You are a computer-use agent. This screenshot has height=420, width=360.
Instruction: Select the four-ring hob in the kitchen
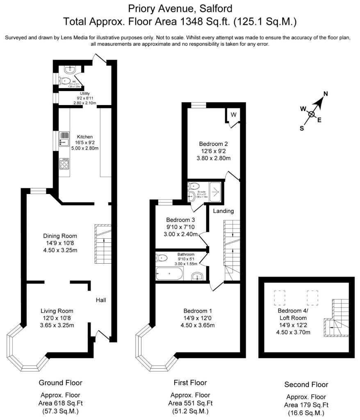coord(64,164)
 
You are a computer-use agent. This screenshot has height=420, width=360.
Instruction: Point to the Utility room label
coord(85,94)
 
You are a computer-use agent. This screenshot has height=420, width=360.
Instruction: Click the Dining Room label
coord(60,236)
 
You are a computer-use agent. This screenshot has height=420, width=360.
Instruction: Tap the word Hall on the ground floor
coord(101,300)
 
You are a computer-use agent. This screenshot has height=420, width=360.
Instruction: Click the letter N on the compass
coord(326,94)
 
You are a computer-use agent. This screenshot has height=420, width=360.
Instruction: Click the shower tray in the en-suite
coord(216,190)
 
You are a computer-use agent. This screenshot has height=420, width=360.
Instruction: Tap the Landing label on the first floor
coord(223,211)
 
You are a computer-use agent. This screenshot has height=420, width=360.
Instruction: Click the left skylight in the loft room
coord(279,297)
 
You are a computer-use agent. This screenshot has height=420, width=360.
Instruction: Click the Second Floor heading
coord(306,384)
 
